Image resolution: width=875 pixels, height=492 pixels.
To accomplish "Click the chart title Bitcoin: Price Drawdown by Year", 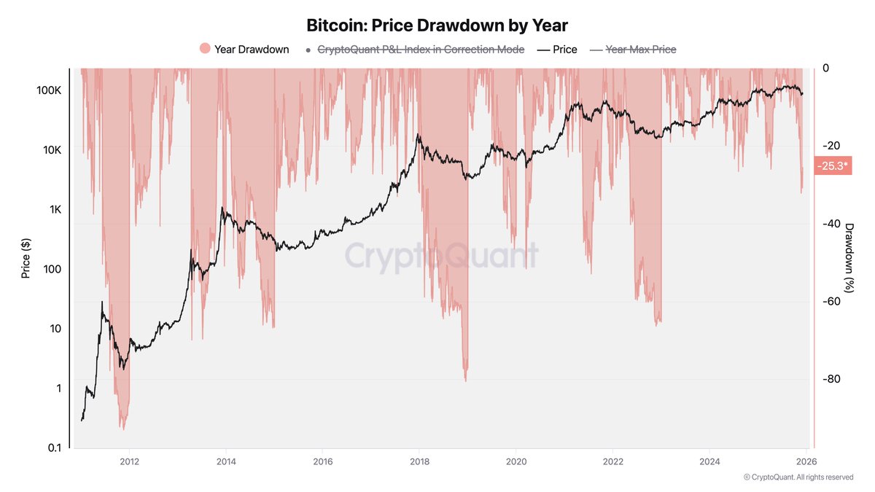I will (437, 26).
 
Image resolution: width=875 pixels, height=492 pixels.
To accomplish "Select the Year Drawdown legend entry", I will (252, 50).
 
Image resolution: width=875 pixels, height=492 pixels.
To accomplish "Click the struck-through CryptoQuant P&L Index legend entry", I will (421, 50).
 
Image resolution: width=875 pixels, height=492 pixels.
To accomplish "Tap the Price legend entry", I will (564, 50).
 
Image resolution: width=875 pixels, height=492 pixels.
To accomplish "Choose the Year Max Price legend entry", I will (641, 50).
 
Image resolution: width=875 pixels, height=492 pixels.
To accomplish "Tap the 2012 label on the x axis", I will (129, 461).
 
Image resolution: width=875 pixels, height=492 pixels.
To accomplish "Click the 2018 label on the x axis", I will (419, 461).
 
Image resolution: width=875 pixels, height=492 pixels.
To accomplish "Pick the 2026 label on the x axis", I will (806, 461).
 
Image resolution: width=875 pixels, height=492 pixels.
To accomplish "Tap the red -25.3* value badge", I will (832, 166).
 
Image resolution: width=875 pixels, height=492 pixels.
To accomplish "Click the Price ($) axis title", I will (26, 258).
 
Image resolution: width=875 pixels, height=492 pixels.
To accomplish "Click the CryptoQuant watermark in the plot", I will (441, 257).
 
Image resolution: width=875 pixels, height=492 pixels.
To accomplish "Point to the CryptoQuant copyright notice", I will (798, 477).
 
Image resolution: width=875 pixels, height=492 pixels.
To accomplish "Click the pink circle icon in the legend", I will (205, 49).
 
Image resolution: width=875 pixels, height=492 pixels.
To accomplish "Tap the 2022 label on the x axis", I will (612, 461).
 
